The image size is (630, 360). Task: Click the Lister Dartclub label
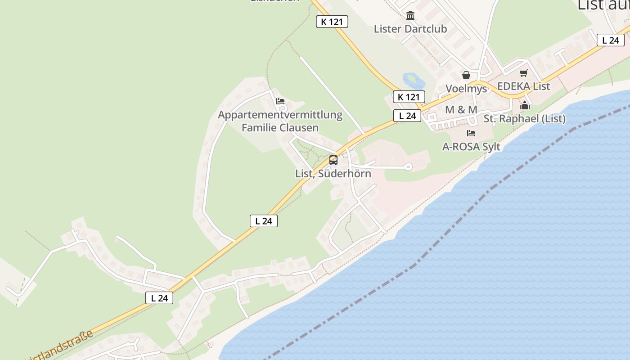coord(410,29)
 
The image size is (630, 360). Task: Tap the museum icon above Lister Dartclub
coord(410,16)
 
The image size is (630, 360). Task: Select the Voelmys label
coord(466,88)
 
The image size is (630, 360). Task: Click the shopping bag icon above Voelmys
coord(466,75)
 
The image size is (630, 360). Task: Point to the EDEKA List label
coord(523,86)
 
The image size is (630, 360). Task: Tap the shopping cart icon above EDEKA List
coord(523,73)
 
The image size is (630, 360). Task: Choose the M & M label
coord(461,109)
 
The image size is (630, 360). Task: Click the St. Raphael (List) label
coord(524,119)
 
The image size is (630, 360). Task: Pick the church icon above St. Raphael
coord(524,106)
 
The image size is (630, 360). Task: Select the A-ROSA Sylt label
coord(471,147)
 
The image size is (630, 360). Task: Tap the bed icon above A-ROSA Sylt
coord(471,133)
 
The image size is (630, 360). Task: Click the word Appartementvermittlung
coord(280,115)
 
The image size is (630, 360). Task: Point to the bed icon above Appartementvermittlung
coord(280,101)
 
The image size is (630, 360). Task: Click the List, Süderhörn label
coord(333,173)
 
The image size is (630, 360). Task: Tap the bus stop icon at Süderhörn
coord(333,160)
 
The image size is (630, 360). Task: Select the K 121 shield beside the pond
coord(409,97)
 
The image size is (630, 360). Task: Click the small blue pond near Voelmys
coord(414,81)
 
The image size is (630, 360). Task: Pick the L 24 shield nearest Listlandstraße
coord(159,297)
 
